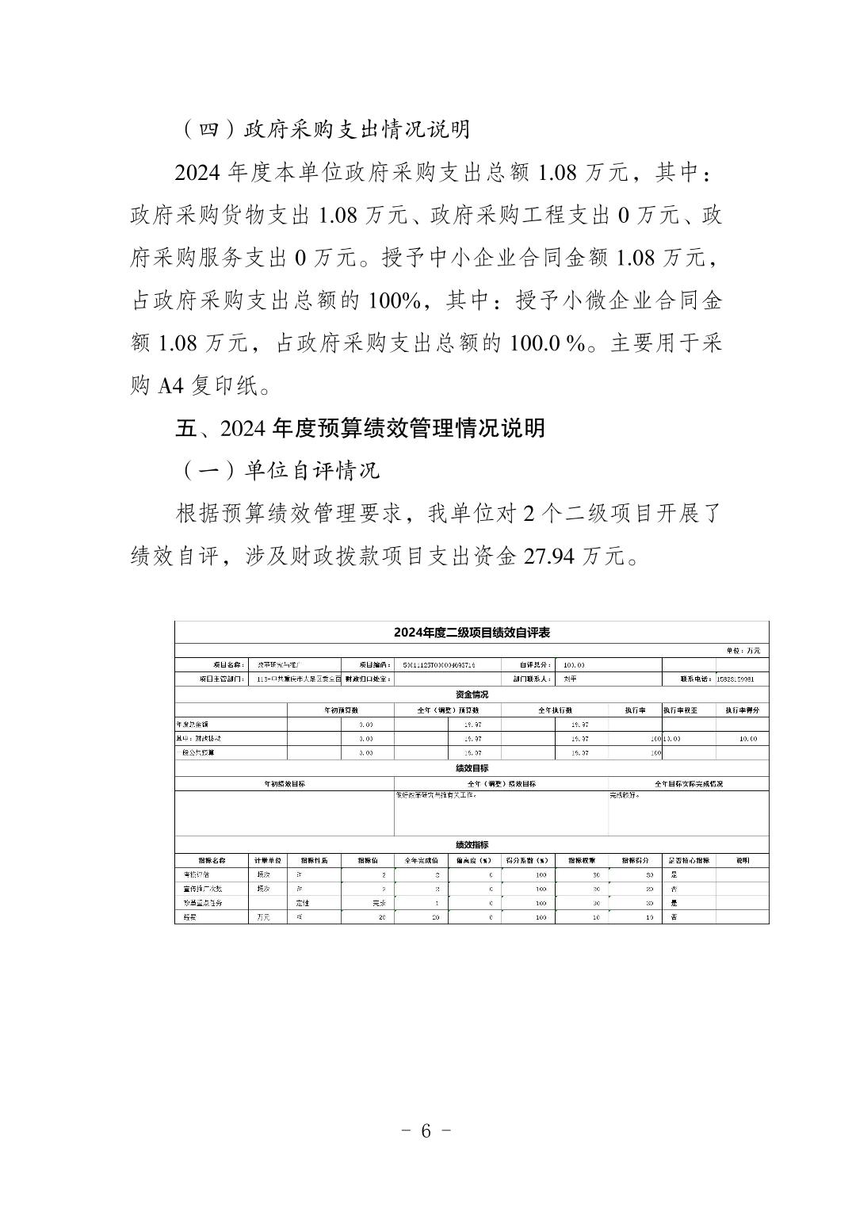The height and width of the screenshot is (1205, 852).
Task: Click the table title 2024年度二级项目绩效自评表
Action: (x=472, y=633)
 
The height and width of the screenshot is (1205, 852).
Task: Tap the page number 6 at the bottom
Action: (x=426, y=1130)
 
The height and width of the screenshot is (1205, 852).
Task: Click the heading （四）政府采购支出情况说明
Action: (x=324, y=129)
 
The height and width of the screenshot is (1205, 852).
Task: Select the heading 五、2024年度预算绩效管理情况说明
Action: (x=360, y=428)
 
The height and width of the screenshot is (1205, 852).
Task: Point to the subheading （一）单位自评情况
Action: (x=279, y=471)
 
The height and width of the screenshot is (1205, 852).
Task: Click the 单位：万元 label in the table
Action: (x=743, y=651)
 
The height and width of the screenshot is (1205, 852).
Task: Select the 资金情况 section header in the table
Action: (x=472, y=694)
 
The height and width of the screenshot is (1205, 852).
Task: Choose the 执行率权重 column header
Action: (x=688, y=710)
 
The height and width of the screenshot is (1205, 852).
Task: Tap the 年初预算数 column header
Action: (x=341, y=710)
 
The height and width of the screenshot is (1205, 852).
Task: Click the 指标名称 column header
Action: (x=212, y=860)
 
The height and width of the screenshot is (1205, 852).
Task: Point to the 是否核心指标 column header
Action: (x=688, y=860)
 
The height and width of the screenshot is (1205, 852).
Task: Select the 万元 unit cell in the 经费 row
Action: (x=263, y=917)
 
